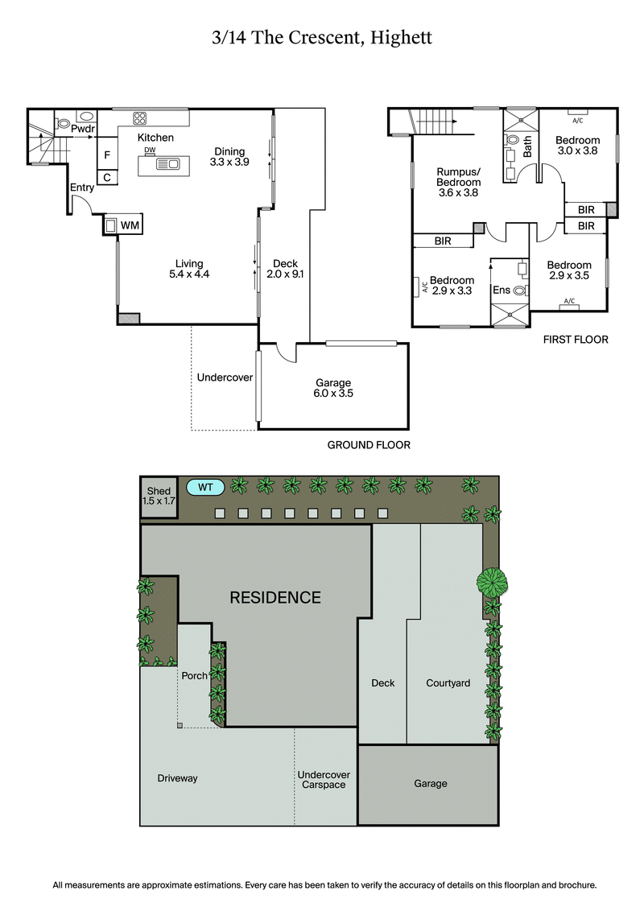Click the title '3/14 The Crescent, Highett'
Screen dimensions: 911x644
[322, 38]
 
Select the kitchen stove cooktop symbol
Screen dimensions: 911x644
[139, 118]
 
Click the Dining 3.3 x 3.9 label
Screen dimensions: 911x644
[229, 156]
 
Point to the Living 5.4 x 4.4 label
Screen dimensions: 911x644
[189, 269]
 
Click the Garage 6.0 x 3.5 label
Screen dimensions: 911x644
[333, 389]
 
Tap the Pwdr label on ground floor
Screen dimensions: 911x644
[83, 129]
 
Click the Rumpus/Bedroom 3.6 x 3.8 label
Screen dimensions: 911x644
[458, 182]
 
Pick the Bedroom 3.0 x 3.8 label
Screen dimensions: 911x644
[577, 145]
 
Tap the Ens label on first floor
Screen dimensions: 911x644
[501, 290]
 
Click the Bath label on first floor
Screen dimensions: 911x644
[528, 146]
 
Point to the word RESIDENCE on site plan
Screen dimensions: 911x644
[275, 598]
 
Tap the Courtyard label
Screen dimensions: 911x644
[448, 683]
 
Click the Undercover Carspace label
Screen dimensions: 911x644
[322, 779]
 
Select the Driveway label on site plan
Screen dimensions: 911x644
[177, 778]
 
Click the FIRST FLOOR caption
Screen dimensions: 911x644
[576, 340]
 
